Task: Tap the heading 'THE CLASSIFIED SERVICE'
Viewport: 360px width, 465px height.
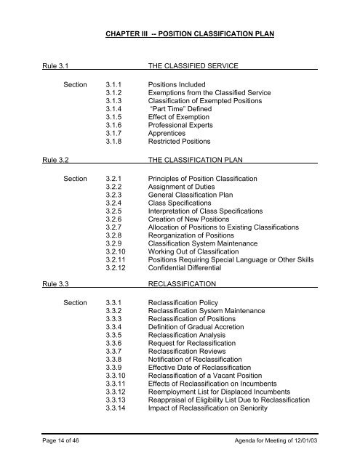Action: point(193,66)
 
